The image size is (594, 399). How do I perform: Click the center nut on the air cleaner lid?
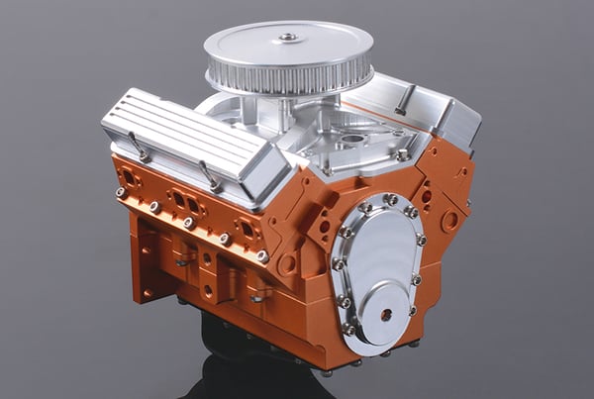click(287, 38)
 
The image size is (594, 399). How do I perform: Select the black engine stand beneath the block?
click(238, 366)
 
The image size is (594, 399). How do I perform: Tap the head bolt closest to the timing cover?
click(262, 256)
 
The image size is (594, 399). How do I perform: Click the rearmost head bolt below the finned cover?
click(121, 192)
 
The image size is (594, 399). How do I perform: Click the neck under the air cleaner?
click(285, 108)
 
